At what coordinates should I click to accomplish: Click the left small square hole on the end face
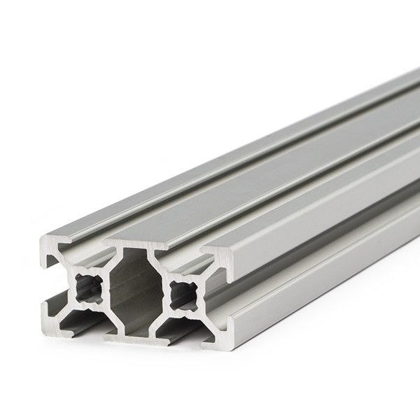point(89,286)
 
